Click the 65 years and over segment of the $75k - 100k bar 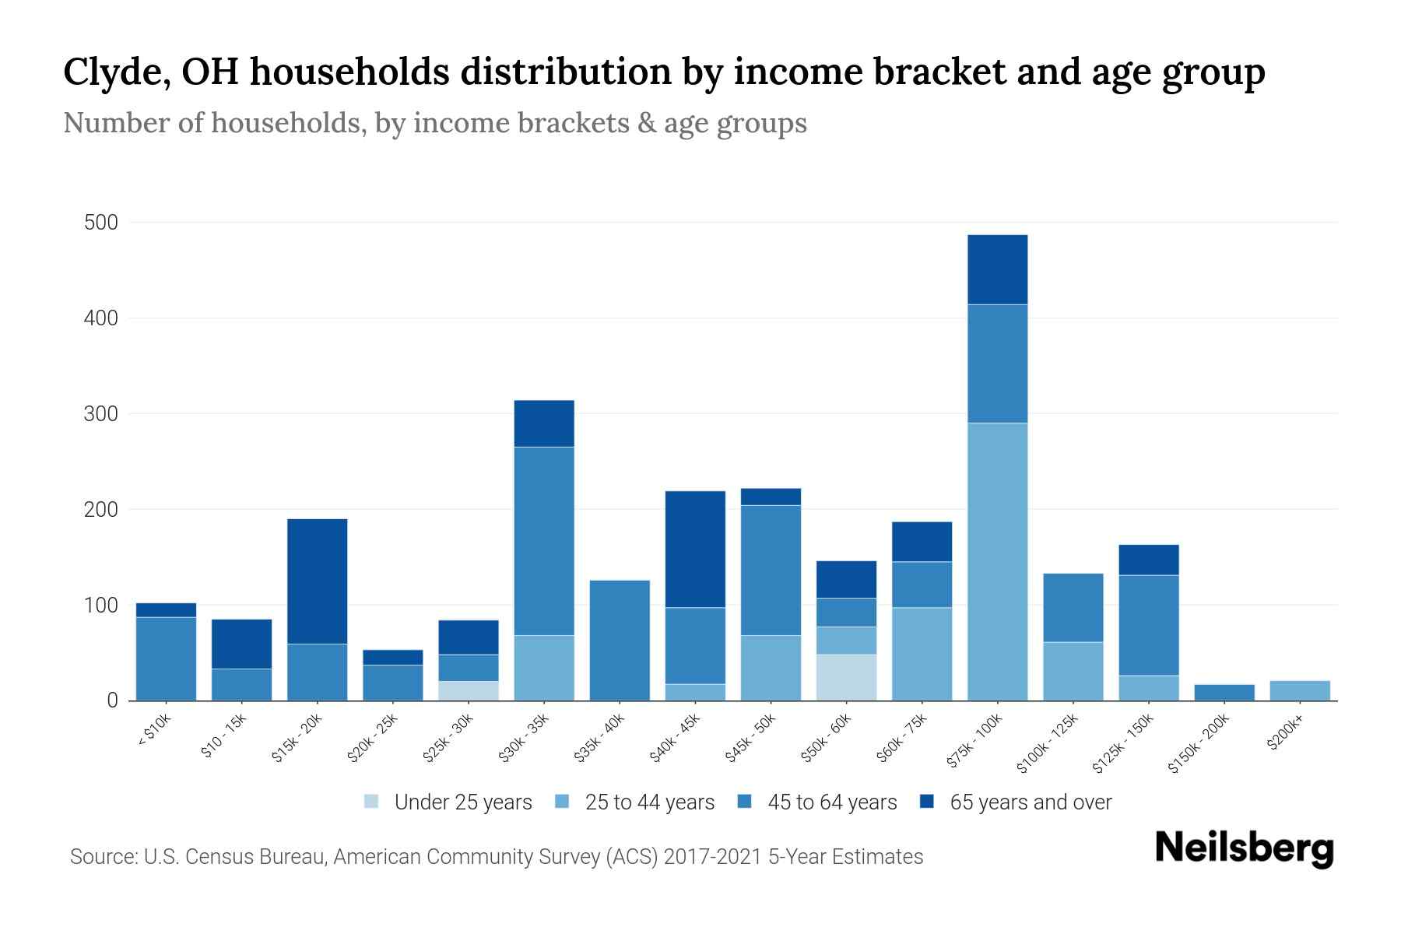[x=997, y=269]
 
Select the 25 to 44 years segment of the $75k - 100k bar [x=997, y=560]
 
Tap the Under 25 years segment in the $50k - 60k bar [x=846, y=677]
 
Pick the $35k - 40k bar [x=620, y=640]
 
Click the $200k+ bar [x=1299, y=690]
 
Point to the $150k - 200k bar [x=1224, y=692]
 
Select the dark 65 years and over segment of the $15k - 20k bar [x=317, y=581]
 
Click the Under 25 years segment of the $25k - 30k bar [x=469, y=690]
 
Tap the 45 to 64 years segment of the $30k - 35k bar [x=544, y=541]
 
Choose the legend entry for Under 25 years [x=448, y=802]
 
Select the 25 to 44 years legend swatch [x=563, y=802]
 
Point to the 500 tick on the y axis [x=100, y=223]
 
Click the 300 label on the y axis [x=100, y=414]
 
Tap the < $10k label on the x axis [x=154, y=730]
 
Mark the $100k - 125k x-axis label [x=1048, y=743]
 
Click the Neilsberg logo [x=1244, y=848]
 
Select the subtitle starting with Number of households [x=434, y=123]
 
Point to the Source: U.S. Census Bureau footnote [x=496, y=857]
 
